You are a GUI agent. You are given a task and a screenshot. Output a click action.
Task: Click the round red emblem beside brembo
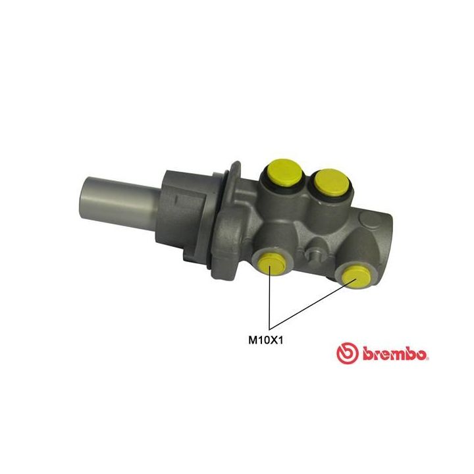point(347,354)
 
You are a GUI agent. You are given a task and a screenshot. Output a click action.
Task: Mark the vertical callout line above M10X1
point(270,303)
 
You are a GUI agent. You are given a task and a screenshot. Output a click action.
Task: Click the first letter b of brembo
point(365,354)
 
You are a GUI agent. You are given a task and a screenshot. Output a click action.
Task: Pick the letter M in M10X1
point(251,340)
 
